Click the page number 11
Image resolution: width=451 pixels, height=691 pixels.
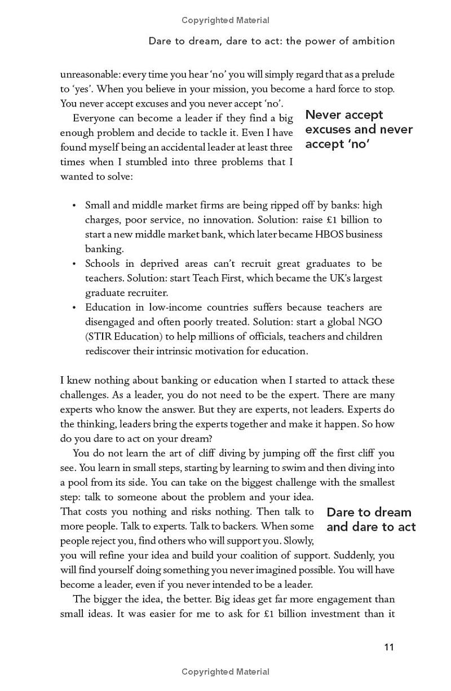point(389,647)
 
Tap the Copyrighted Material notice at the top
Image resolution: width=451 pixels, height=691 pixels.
point(225,20)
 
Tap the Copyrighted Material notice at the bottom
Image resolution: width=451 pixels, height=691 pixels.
point(225,672)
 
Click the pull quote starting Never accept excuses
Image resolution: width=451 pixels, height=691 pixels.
point(359,129)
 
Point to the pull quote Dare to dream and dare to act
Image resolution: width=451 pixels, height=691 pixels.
point(371,520)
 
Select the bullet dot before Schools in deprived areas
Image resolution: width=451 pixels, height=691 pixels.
point(74,264)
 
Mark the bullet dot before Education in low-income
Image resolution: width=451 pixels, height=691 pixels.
point(74,308)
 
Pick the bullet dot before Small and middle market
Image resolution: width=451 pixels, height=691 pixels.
point(74,205)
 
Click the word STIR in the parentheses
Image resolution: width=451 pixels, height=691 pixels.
point(101,337)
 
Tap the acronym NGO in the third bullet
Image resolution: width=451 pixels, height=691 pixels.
point(370,322)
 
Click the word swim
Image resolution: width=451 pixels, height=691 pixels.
point(293,468)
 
